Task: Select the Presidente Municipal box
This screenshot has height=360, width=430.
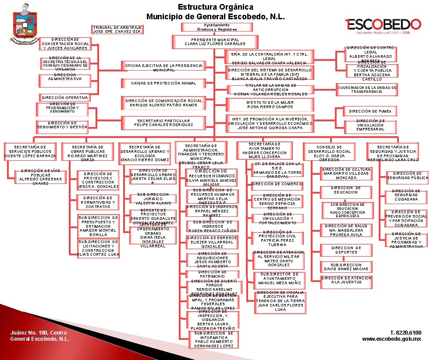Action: (215, 42)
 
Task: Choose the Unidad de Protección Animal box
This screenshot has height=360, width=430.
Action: (163, 83)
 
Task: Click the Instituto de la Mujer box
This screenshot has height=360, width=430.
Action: (270, 105)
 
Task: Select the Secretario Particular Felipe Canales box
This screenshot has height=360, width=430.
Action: (163, 123)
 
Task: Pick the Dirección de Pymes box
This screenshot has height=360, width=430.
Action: (370, 112)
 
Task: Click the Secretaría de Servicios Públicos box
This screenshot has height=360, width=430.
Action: (29, 151)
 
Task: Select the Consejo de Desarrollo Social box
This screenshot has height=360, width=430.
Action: (332, 153)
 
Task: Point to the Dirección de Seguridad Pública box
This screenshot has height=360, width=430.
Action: (407, 176)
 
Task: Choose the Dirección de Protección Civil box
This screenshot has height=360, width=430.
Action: (277, 238)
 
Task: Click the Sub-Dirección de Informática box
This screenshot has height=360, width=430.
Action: (214, 339)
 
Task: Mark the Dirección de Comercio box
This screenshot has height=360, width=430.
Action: (277, 184)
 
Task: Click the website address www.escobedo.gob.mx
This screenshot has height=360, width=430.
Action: (391, 339)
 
